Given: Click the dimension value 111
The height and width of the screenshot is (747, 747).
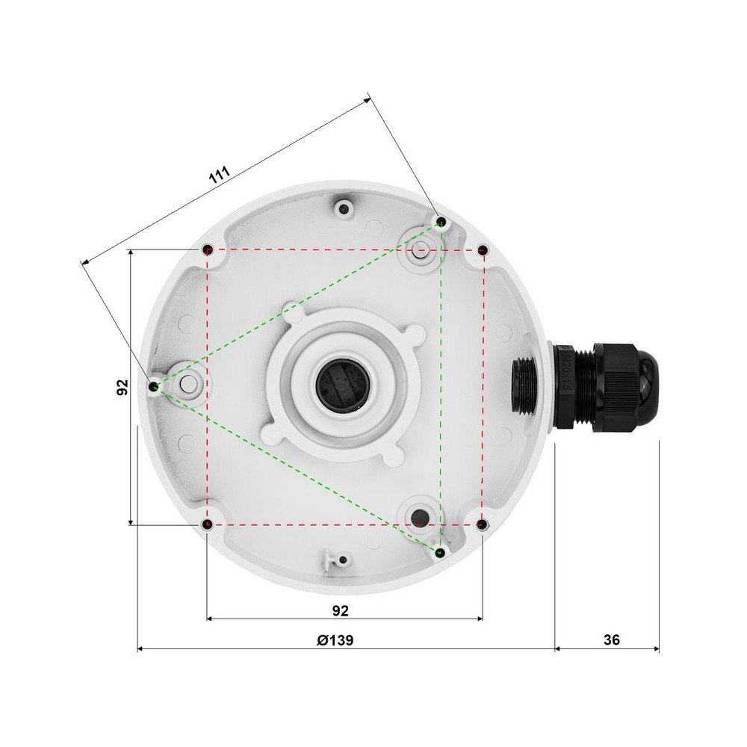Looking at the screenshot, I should (218, 176).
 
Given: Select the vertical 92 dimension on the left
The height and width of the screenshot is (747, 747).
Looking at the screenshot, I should (123, 387).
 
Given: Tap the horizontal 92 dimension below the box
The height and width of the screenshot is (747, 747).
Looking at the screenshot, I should (340, 610).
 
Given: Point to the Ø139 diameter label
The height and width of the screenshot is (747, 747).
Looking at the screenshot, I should (335, 640).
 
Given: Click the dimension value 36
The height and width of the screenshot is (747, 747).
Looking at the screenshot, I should (611, 640).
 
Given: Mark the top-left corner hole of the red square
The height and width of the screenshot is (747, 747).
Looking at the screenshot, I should (208, 249).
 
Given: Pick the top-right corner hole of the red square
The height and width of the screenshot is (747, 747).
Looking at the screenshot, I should (483, 249).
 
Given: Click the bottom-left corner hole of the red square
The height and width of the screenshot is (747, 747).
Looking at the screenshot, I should (207, 525).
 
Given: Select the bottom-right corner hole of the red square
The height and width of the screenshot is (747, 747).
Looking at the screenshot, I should (482, 525).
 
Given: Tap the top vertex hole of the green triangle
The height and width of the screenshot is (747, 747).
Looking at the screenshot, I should (441, 222).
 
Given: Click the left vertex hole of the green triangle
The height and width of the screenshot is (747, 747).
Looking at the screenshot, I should (153, 386).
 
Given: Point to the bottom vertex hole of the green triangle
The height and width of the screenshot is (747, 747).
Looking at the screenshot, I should (441, 552).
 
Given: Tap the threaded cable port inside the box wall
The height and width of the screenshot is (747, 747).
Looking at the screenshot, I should (523, 385).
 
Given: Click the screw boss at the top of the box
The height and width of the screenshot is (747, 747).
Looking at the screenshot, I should (344, 208).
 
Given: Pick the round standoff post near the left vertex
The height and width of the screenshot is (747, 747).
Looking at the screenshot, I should (188, 384).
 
